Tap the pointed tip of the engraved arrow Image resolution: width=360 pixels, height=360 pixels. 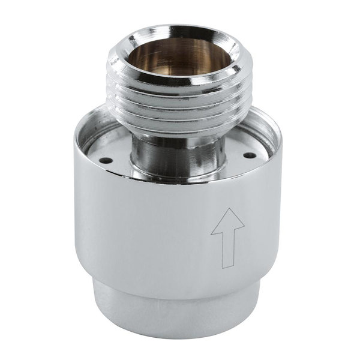(x=227, y=209)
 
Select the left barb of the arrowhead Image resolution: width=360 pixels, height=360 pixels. (x=212, y=231)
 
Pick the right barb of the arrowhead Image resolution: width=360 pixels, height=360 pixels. (x=244, y=231)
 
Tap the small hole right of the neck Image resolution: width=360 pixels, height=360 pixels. (x=246, y=156)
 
